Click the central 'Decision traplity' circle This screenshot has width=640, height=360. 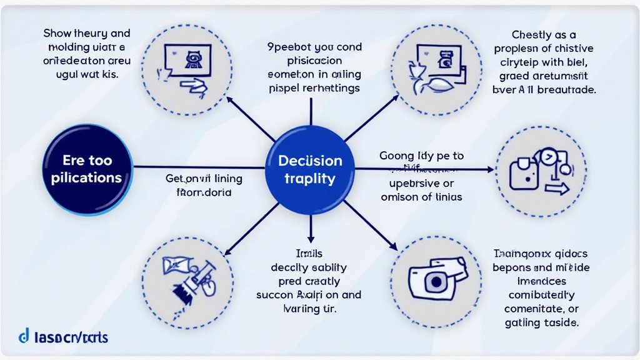point(310,169)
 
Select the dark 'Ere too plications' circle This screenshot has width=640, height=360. point(87,169)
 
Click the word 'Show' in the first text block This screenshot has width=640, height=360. point(59,33)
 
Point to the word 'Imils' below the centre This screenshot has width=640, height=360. point(309,253)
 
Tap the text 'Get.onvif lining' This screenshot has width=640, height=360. point(204,179)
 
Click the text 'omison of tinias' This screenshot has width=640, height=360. point(421,197)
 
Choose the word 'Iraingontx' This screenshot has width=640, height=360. point(519,254)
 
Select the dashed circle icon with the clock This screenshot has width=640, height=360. point(541,169)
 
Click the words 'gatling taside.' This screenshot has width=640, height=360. point(541,322)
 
